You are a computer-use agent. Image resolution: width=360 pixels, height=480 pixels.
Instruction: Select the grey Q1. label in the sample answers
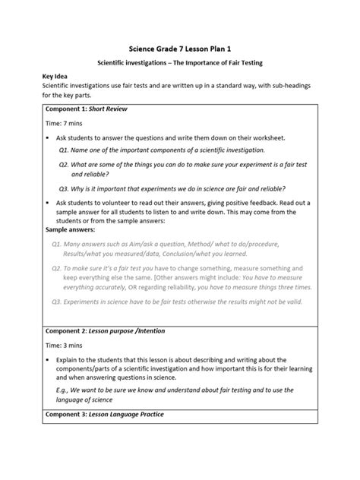57,245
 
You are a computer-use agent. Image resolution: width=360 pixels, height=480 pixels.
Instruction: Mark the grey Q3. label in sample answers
57,302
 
